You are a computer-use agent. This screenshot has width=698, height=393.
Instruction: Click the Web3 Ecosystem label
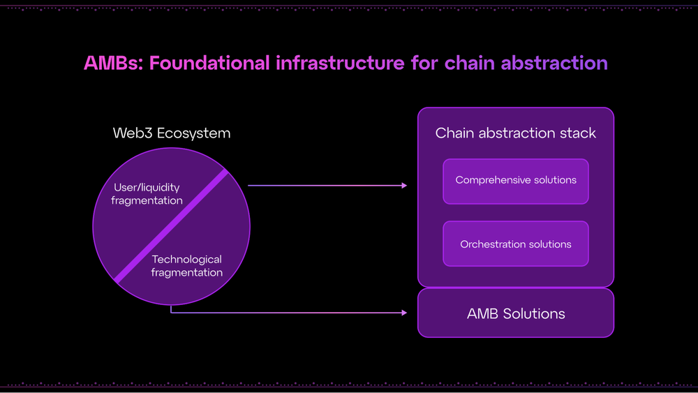172,133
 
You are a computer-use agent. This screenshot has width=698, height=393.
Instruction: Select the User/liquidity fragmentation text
147,194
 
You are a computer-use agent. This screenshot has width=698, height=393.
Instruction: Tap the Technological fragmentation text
187,266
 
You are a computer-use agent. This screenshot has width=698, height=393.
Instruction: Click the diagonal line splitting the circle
172,225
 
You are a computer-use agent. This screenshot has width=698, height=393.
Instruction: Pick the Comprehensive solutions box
516,181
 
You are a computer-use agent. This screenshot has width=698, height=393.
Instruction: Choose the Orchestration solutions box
516,244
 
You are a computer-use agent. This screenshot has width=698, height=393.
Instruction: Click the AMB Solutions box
516,313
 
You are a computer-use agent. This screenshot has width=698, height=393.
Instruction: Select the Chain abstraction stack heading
516,133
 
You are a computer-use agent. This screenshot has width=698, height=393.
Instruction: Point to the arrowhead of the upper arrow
404,186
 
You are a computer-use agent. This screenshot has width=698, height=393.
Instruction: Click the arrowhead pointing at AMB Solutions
404,313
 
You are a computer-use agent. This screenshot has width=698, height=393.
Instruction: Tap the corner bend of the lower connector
172,313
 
